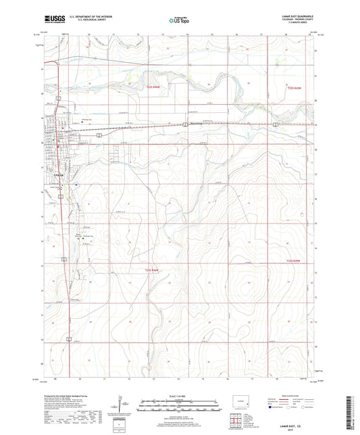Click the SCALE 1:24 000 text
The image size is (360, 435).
pyautogui.click(x=179, y=395)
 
